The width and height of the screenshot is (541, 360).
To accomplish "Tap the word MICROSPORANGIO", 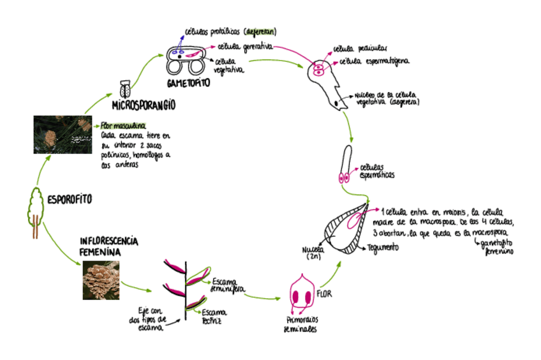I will [x=144, y=104].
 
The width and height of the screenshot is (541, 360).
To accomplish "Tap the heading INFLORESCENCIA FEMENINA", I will [x=108, y=246].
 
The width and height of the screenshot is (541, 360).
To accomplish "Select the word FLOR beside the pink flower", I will [x=325, y=295].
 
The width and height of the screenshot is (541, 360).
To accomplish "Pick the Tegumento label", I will [x=384, y=247].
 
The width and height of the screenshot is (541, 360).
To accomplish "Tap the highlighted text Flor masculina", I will [x=123, y=125].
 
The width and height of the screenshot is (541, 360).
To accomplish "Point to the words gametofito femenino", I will [x=497, y=248].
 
